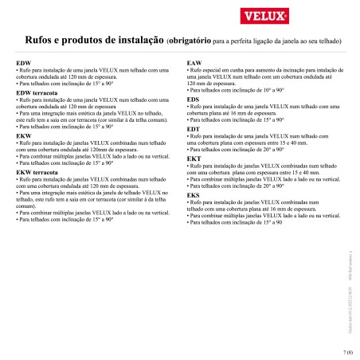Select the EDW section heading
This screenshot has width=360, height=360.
point(24,62)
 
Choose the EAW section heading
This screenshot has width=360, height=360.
point(194,62)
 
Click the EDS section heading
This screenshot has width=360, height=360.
point(193,99)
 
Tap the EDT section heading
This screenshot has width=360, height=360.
point(193,129)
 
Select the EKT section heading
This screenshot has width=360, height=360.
point(193,158)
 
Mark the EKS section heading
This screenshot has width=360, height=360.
point(193,195)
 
